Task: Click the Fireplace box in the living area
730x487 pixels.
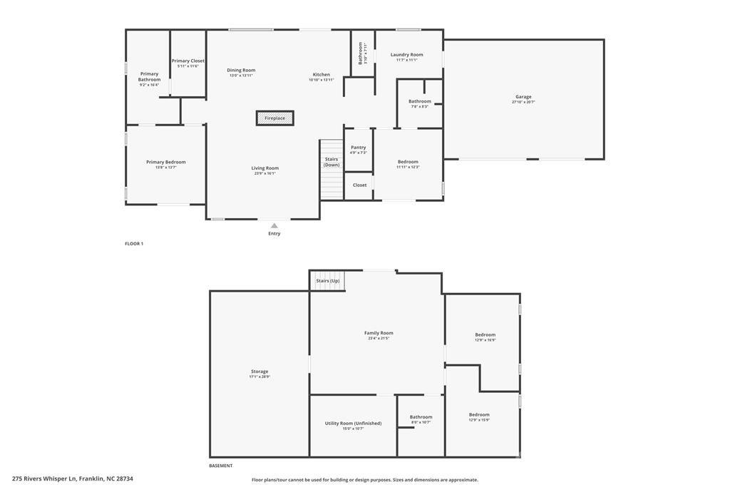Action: coord(275,118)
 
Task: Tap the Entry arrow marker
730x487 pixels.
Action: coord(274,226)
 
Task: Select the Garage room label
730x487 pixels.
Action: coord(523,97)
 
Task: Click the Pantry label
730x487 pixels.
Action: coord(358,148)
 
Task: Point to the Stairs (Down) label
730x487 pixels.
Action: coord(331,162)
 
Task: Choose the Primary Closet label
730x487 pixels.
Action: coord(188,61)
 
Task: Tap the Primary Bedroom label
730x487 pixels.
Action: coord(166,163)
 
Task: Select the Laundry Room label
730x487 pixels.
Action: coord(406,55)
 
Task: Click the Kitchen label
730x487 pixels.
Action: coord(322,75)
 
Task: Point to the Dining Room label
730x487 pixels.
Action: coord(241,71)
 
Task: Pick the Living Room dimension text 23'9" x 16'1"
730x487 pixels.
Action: coord(264,173)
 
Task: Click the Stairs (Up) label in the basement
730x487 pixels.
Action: coord(328,281)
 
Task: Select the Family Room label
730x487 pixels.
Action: coord(379,333)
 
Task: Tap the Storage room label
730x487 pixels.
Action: coord(259,371)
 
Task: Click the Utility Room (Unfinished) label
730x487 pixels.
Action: coord(353,424)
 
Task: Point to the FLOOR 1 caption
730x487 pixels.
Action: coord(134,244)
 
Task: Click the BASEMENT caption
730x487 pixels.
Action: coord(220,466)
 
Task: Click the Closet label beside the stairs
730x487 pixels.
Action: coord(360,185)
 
